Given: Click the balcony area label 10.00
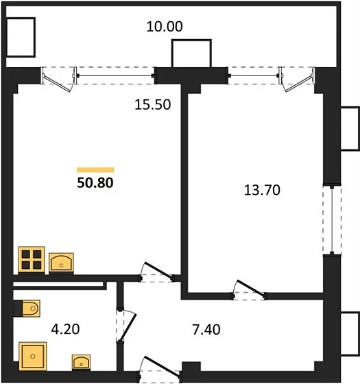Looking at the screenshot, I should (x=165, y=27).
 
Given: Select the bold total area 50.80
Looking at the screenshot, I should (x=95, y=184).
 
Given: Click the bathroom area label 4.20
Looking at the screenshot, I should (x=65, y=329).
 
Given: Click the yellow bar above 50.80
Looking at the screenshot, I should (x=95, y=169).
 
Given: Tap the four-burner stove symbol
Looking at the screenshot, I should (x=30, y=260).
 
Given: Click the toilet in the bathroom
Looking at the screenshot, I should (x=28, y=309).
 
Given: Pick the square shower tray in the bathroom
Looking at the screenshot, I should (x=33, y=357).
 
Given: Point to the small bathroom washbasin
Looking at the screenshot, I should (x=82, y=361).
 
